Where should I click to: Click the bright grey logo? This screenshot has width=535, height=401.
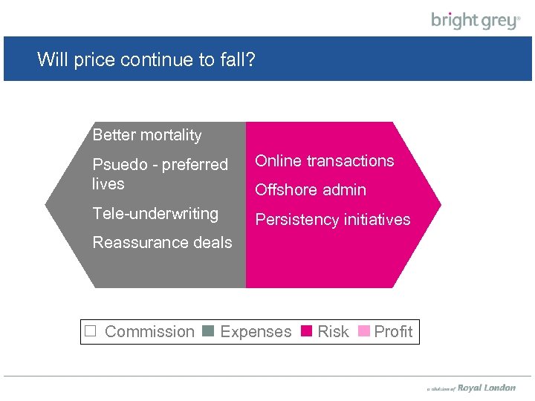[476, 20]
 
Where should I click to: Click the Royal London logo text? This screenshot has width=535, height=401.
[486, 388]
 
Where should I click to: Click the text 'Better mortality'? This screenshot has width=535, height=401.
[147, 135]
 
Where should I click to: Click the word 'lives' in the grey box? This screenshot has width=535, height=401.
[108, 184]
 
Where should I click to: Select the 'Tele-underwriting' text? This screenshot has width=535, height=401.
[155, 214]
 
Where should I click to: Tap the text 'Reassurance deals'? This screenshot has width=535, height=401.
[162, 243]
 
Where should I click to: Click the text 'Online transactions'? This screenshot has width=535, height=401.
[325, 161]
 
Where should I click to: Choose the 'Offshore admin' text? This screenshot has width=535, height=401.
[311, 190]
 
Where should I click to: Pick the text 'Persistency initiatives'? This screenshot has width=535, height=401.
[332, 220]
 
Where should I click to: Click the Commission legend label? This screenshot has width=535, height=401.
[149, 332]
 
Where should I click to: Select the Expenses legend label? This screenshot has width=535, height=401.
[256, 332]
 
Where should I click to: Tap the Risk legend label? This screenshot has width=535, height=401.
[333, 332]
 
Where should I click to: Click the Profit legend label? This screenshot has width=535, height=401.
[393, 332]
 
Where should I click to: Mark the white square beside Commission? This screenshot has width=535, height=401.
[91, 332]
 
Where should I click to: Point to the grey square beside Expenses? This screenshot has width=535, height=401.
[209, 332]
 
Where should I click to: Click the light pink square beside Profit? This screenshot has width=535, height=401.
[364, 332]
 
